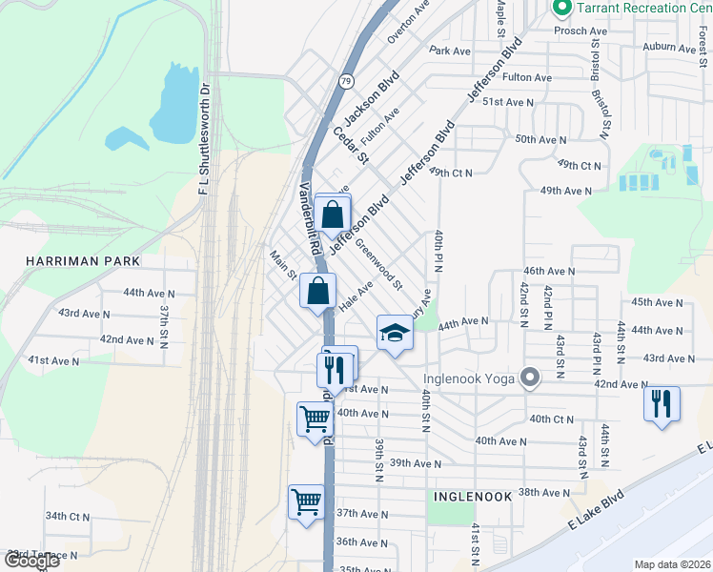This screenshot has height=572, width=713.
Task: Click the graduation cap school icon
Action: [395, 333]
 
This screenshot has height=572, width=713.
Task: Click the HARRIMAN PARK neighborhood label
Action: [84, 261]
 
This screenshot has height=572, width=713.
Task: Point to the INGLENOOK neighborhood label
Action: [474, 497]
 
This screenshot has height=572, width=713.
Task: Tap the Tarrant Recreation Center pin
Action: [561, 9]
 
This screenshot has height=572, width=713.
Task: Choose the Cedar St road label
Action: [350, 143]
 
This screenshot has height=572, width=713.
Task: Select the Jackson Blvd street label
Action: [372, 102]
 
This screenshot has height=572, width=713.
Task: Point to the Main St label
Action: [284, 266]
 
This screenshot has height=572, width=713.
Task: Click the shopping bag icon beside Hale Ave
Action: [317, 290]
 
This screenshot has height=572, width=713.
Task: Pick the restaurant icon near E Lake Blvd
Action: [661, 402]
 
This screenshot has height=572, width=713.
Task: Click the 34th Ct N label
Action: [68, 517]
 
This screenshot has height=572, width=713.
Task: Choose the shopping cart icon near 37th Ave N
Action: [306, 500]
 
